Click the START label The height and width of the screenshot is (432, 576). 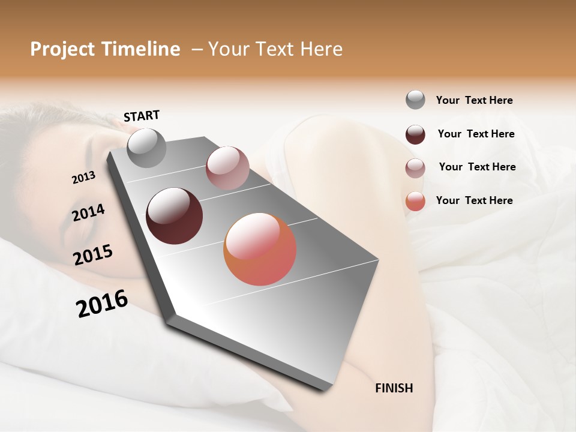[x=142, y=116]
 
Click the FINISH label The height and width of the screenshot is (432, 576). [x=394, y=388]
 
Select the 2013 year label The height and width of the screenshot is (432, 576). [x=83, y=178]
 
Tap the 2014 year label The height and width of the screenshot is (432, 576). [x=88, y=213]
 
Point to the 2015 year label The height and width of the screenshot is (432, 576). [x=93, y=255]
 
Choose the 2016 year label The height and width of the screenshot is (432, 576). [x=102, y=304]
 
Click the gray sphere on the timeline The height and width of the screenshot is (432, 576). [x=147, y=148]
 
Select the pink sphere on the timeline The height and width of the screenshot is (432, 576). [x=227, y=168]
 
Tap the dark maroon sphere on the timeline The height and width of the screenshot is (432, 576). [x=175, y=216]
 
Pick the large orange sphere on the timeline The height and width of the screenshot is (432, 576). [x=260, y=249]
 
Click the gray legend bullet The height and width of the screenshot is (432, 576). [x=415, y=100]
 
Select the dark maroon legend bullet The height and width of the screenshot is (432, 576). [x=415, y=134]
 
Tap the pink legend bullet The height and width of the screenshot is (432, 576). [x=415, y=168]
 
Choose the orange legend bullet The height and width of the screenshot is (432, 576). [x=415, y=201]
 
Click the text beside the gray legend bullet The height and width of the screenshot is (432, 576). [x=474, y=100]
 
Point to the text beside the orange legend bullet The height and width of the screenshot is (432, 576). [x=474, y=200]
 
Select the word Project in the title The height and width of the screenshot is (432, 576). [x=63, y=49]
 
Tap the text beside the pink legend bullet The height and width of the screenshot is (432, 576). [x=477, y=167]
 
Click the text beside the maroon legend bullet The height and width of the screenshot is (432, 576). [x=476, y=134]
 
